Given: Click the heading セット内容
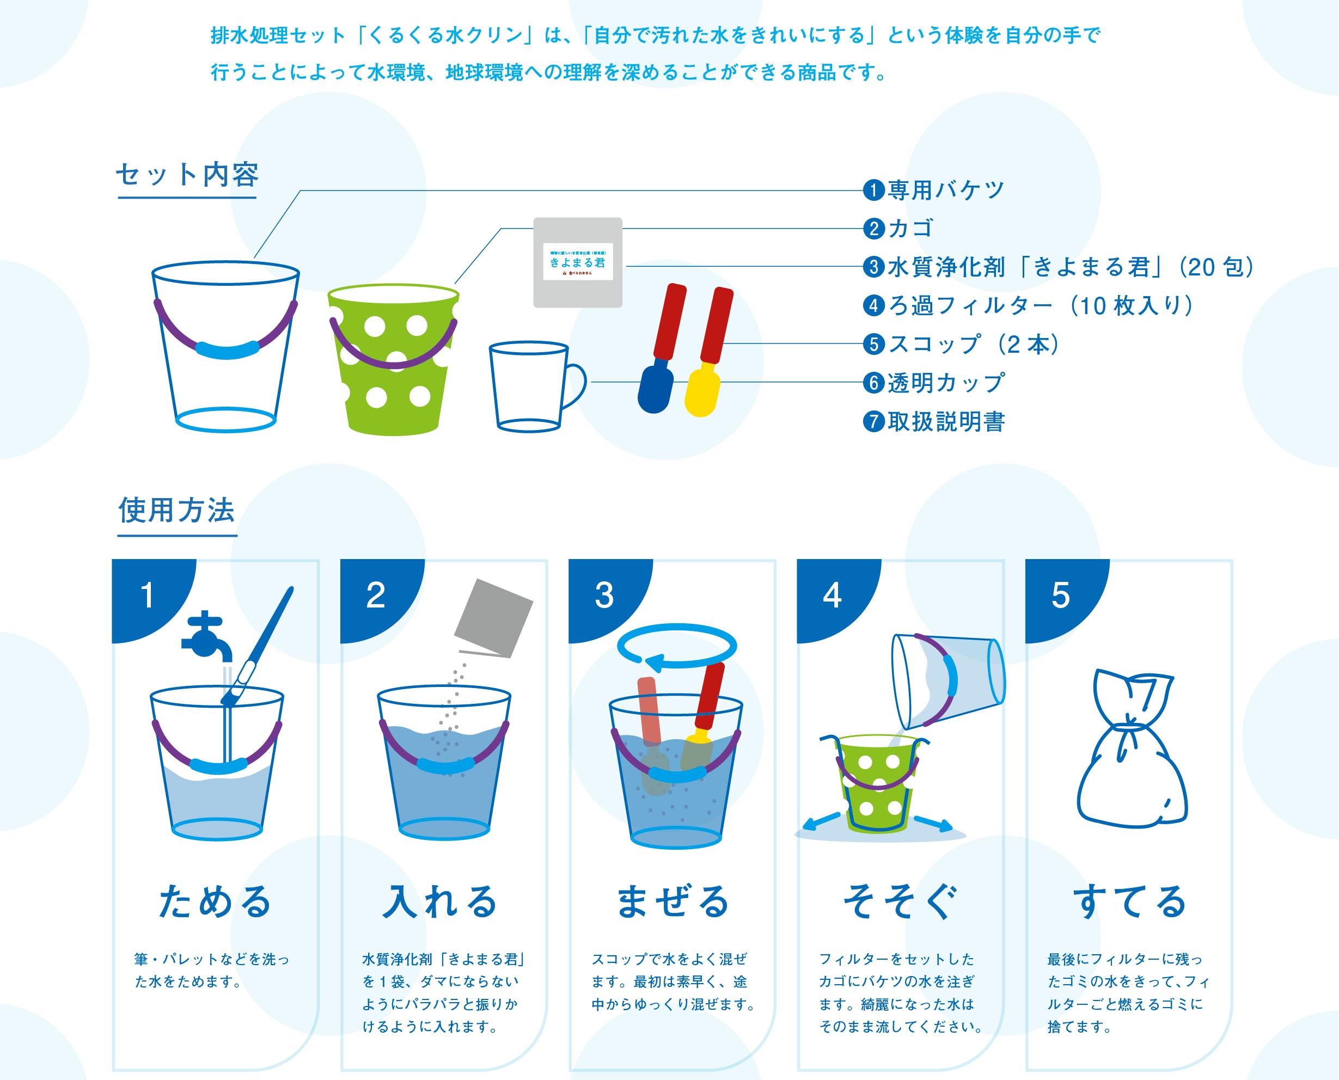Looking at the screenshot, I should pyautogui.click(x=187, y=175).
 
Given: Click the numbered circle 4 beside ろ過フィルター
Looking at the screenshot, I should pyautogui.click(x=873, y=306).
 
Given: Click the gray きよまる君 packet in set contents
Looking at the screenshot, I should pyautogui.click(x=577, y=262).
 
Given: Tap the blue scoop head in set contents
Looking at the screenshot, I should pyautogui.click(x=655, y=389).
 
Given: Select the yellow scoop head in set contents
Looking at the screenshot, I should pyautogui.click(x=702, y=392).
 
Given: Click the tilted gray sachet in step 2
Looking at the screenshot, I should pyautogui.click(x=494, y=618).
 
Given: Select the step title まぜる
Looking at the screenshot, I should pyautogui.click(x=672, y=901).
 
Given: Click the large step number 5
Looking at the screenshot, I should pyautogui.click(x=1060, y=596).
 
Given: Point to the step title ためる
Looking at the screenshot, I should pyautogui.click(x=215, y=901).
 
